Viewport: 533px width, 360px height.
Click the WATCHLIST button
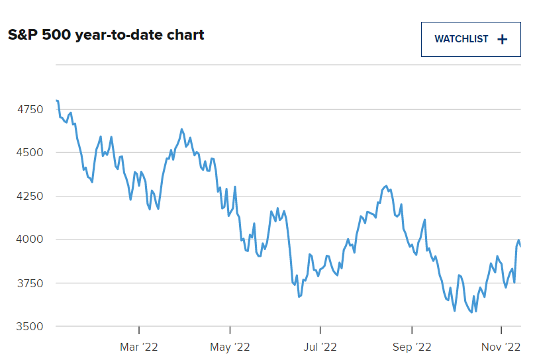[x=471, y=40]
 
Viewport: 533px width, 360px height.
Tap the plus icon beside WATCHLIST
[x=502, y=40]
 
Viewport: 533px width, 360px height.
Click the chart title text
[x=106, y=35]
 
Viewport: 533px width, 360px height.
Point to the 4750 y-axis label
[x=30, y=109]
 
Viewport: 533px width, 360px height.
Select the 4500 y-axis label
[x=30, y=152]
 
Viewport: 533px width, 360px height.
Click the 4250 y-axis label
[x=30, y=196]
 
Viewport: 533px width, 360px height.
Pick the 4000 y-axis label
[x=30, y=239]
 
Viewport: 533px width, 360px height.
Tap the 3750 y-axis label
[x=30, y=283]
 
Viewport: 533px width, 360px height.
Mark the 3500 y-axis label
[x=30, y=326]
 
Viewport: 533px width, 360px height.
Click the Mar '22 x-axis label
[x=139, y=347]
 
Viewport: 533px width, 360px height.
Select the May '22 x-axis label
[x=230, y=347]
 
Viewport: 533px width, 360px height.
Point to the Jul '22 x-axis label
[x=320, y=347]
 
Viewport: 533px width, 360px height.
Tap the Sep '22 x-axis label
[x=412, y=347]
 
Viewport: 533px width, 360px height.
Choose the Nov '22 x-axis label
[x=501, y=347]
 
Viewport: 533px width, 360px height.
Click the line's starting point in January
[x=56, y=100]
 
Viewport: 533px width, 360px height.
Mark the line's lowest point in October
[x=471, y=312]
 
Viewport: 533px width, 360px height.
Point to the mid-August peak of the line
[x=386, y=186]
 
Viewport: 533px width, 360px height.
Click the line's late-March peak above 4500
[x=182, y=130]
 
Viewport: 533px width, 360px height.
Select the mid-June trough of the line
[x=299, y=296]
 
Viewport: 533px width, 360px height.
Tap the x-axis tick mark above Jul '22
[x=320, y=330]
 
